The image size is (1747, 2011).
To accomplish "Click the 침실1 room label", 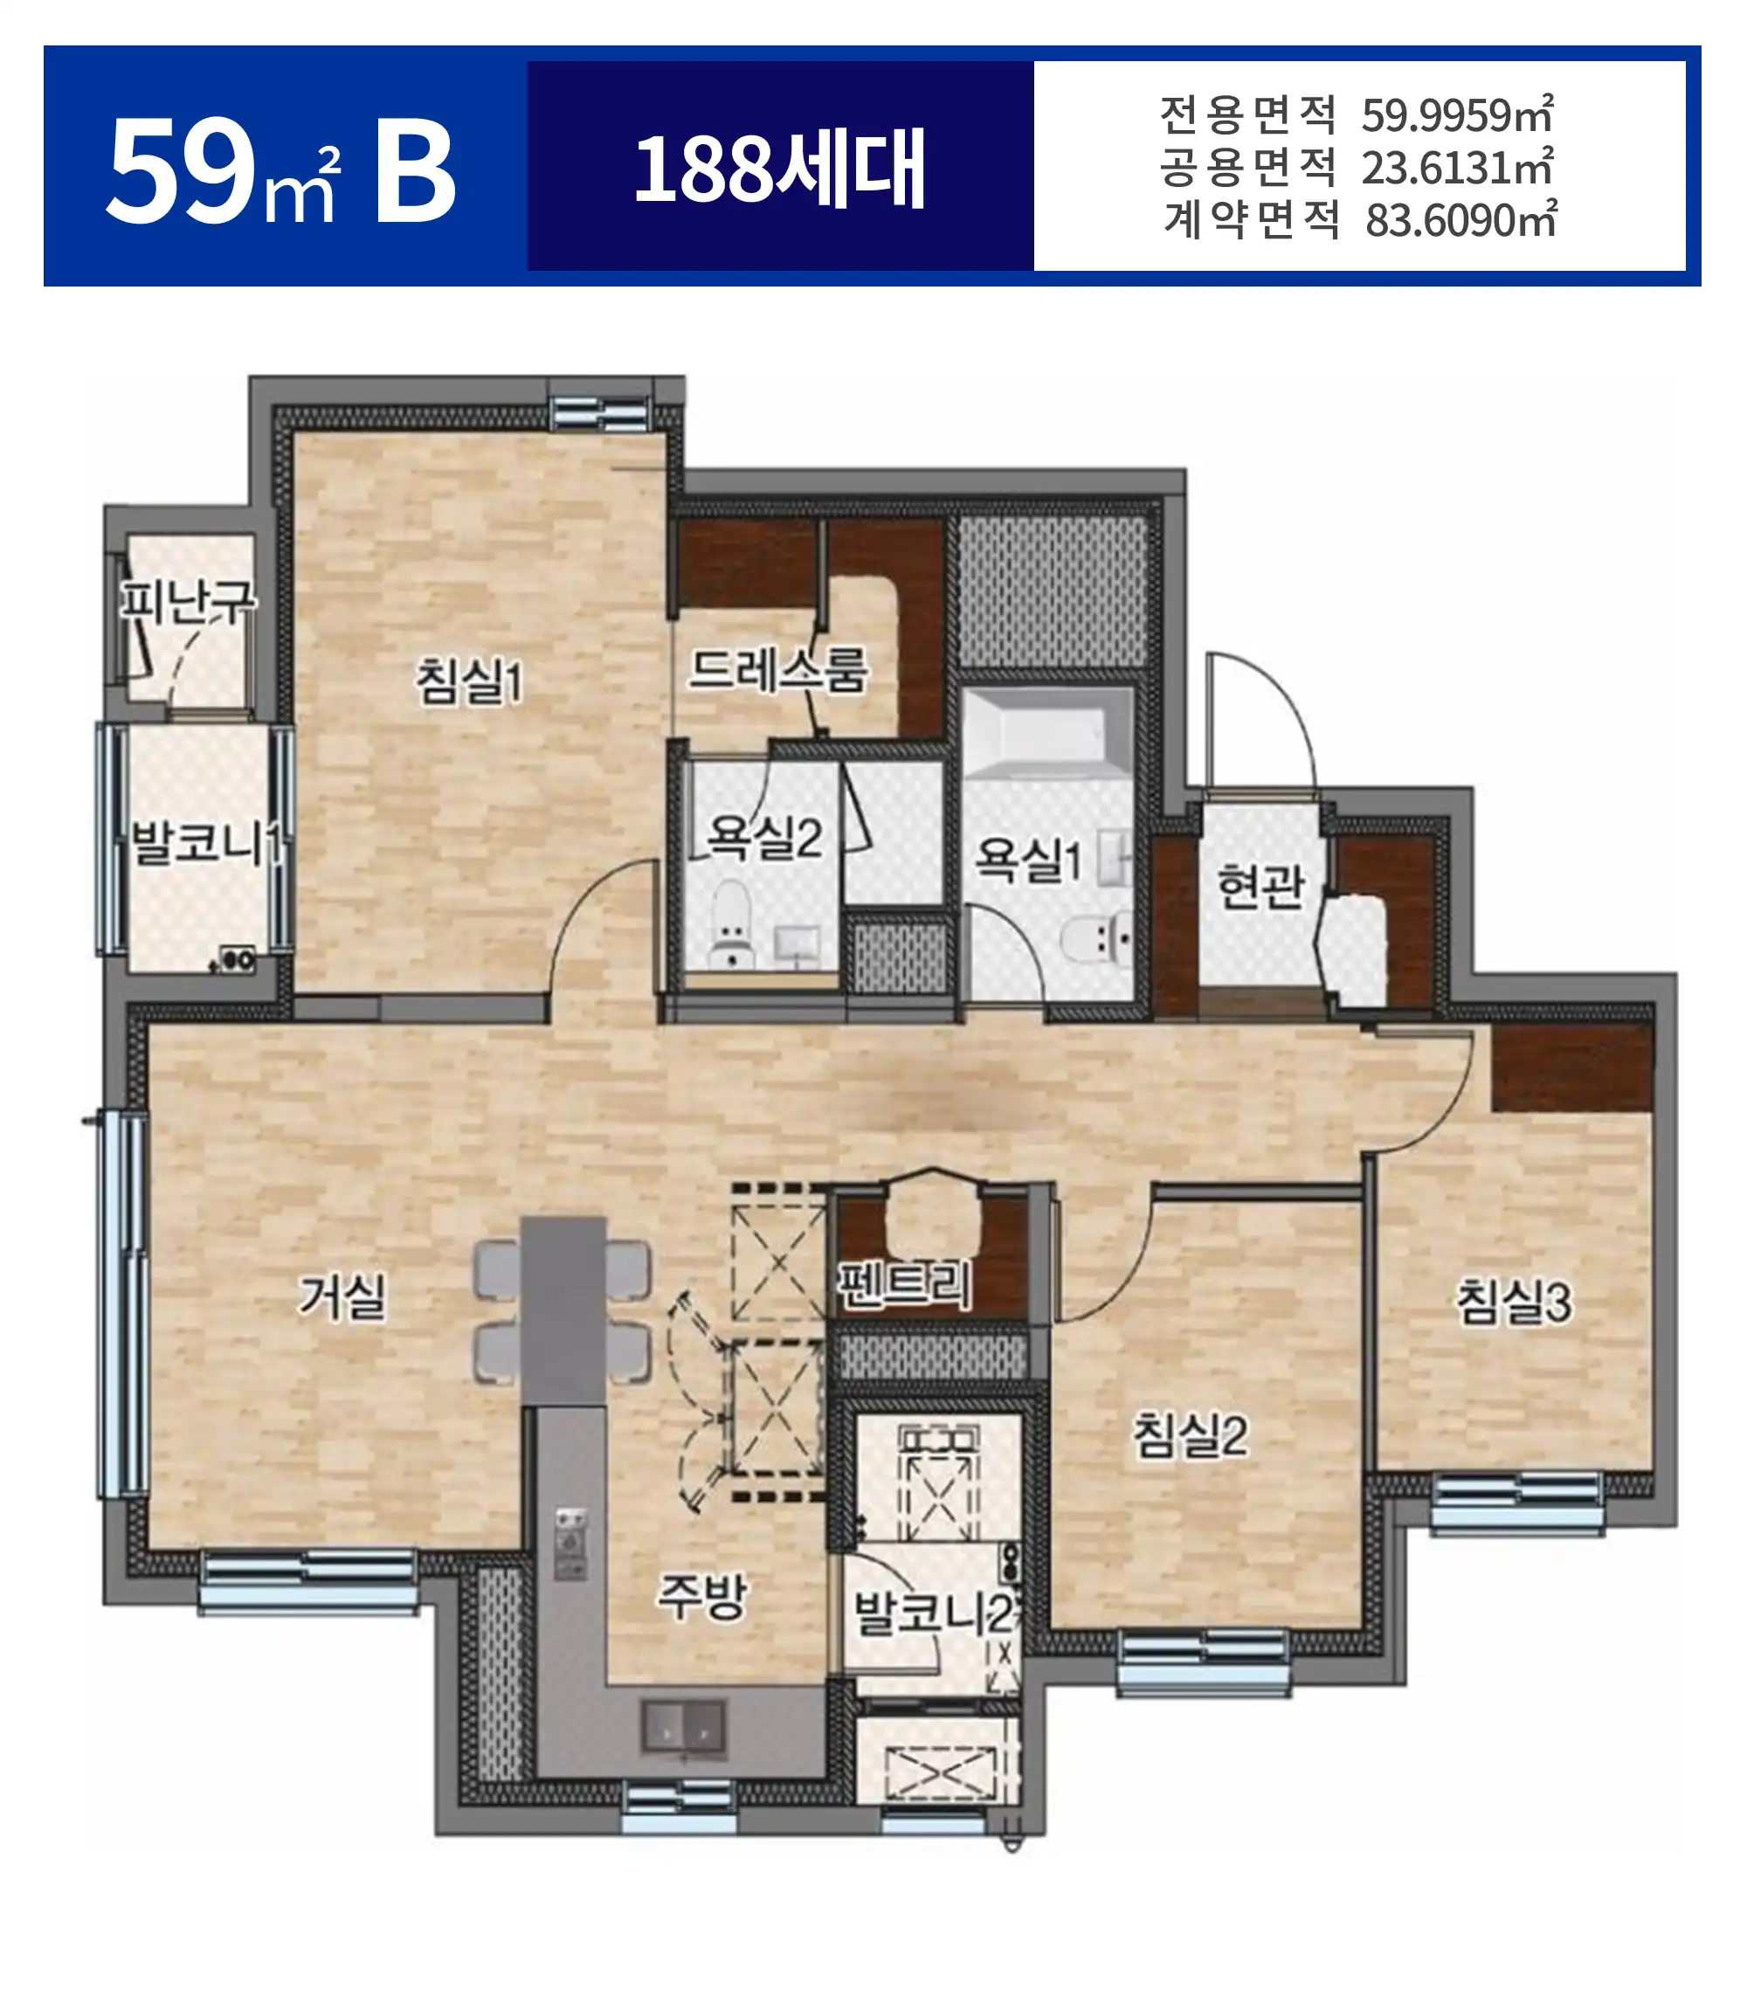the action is tap(469, 680).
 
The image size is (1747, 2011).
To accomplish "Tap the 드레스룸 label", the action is tap(777, 671).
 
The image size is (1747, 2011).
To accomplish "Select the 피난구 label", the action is tap(187, 601).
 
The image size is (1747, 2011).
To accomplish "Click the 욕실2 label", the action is tap(765, 836).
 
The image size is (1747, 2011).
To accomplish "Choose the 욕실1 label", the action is tap(1027, 860).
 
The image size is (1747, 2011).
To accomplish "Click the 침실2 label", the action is tap(1190, 1435).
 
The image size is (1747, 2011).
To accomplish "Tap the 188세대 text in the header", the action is tap(779, 169).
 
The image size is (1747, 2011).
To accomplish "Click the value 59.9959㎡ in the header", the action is tap(1456, 115).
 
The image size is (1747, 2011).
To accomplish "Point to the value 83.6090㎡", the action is tap(1460, 220).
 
